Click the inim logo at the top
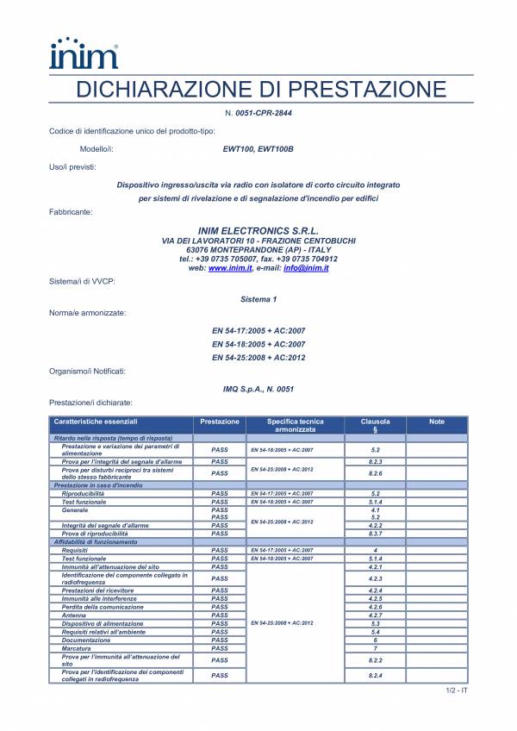point(84,53)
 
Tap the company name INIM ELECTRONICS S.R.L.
point(258,230)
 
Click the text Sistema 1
point(258,299)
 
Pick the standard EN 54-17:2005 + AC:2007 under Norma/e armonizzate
point(258,329)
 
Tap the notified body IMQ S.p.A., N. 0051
point(258,389)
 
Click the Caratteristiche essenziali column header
point(95,422)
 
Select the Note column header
point(436,422)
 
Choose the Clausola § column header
point(375,425)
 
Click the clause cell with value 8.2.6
point(375,473)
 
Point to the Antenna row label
point(75,615)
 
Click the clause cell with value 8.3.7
point(375,534)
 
